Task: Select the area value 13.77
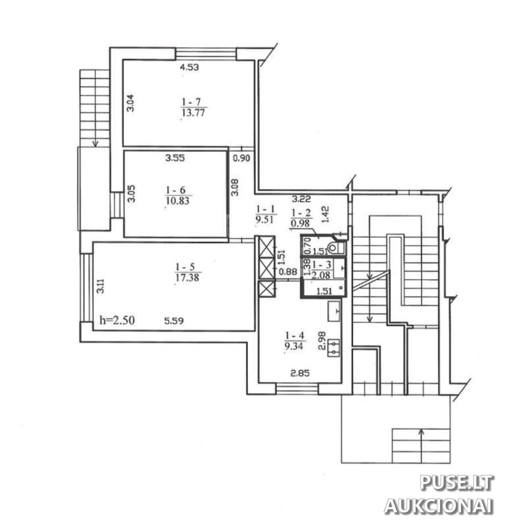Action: tap(193, 113)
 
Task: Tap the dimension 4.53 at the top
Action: tap(189, 67)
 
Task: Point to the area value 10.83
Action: tap(177, 201)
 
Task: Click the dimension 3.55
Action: tap(175, 158)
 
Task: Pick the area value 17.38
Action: tap(187, 277)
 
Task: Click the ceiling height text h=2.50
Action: tap(117, 321)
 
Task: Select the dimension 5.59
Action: tap(174, 321)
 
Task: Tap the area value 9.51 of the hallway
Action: tap(264, 220)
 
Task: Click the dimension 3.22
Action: tap(301, 199)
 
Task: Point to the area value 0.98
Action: tap(300, 223)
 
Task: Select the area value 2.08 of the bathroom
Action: tap(322, 275)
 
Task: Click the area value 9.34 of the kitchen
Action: tap(294, 346)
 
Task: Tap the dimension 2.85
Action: tap(300, 373)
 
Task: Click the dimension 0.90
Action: tap(242, 158)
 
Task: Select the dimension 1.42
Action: tap(326, 214)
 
